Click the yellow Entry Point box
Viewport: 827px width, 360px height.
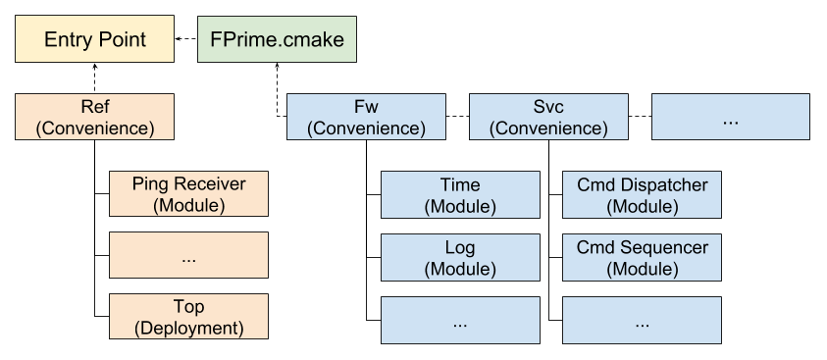click(x=95, y=40)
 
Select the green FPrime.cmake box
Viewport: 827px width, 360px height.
click(x=278, y=40)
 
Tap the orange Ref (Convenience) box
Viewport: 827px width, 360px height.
click(x=95, y=117)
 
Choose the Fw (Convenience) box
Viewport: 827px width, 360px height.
click(x=366, y=117)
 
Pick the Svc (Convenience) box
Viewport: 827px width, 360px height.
click(x=548, y=117)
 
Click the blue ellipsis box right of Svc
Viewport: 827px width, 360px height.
click(x=731, y=117)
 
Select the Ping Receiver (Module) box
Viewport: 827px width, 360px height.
click(x=188, y=194)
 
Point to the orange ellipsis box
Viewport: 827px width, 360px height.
click(x=188, y=256)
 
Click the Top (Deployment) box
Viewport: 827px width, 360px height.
click(x=188, y=317)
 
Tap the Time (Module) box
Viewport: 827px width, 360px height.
click(x=460, y=194)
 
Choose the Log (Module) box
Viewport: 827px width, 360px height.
click(x=460, y=256)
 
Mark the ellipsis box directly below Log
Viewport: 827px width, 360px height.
click(x=460, y=320)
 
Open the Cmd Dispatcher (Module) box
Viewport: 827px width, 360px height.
click(x=642, y=194)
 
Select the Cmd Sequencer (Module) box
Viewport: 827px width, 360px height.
click(x=642, y=256)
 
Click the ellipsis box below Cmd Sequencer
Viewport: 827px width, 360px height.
click(x=642, y=320)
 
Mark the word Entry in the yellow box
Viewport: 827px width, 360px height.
click(x=65, y=40)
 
